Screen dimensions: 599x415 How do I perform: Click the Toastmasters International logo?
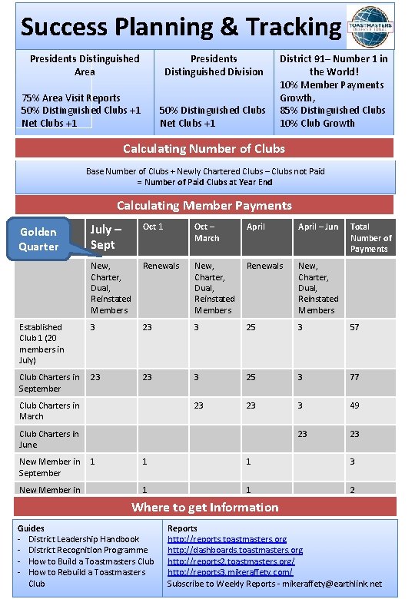[372, 26]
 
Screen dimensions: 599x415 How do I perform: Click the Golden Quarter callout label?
[38, 239]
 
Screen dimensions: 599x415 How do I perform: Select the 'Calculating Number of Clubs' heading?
[204, 148]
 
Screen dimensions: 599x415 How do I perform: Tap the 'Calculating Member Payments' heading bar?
[204, 205]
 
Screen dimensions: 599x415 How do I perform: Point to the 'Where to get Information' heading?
[204, 507]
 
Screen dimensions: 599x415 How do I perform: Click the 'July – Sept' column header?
[105, 237]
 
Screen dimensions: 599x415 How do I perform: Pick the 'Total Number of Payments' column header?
[370, 237]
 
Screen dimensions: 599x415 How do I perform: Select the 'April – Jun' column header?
[317, 227]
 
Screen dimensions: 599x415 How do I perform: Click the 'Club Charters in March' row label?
[49, 411]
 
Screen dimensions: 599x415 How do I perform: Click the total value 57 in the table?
[355, 327]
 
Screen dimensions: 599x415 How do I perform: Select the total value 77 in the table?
[355, 377]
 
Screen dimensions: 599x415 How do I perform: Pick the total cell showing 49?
[355, 405]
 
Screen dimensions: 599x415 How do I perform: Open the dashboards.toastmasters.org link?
[234, 550]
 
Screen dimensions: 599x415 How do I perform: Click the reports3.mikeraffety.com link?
[230, 572]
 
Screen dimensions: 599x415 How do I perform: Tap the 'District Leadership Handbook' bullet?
[84, 539]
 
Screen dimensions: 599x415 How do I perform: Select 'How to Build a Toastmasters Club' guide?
[91, 561]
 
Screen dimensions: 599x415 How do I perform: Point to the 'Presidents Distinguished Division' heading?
[214, 65]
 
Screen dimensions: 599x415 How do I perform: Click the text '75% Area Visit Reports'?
[71, 98]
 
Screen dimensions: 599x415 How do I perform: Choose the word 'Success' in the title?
[64, 28]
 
